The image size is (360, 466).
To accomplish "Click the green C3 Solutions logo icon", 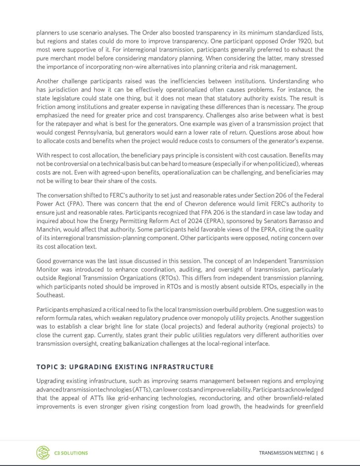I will point(43,452).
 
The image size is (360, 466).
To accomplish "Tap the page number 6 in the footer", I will point(322,453).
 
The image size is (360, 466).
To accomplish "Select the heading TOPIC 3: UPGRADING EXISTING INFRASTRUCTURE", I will point(125,366).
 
